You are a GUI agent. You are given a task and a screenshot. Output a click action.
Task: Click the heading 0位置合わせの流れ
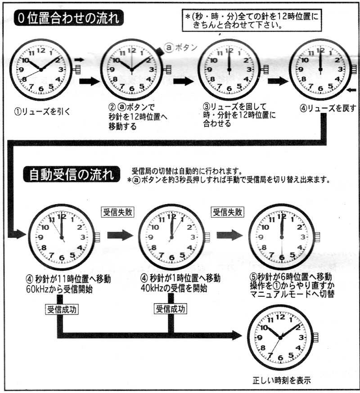pos(69,18)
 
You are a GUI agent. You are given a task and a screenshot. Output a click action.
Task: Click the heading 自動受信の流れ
pos(72,174)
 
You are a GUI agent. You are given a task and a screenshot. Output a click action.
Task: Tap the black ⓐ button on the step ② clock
pos(159,51)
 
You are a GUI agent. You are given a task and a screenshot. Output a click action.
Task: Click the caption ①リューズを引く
pos(42,112)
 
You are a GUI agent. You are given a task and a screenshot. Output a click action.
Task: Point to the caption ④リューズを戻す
pos(328,108)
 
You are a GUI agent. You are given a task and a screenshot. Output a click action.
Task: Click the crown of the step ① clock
pos(76,69)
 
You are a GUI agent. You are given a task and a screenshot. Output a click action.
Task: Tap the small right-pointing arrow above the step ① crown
pos(79,60)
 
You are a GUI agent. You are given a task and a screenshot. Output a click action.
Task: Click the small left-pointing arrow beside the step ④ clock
pos(351,90)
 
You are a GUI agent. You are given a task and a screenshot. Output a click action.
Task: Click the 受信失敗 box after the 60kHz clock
pos(117,212)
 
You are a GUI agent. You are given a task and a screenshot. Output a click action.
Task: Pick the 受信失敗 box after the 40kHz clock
pos(228,212)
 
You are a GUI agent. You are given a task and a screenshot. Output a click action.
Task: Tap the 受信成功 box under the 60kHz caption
pos(62,309)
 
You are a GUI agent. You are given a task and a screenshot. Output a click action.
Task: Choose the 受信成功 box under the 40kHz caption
pos(171,309)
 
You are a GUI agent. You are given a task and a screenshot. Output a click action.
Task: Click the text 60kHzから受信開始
pos(59,289)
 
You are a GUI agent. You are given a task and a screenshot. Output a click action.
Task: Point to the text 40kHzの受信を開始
pos(174,288)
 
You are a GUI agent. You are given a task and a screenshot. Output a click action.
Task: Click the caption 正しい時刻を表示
pos(282,380)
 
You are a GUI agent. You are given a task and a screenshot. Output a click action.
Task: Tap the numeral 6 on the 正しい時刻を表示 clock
pos(280,357)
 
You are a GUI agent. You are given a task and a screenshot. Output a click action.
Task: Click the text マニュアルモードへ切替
pos(292,294)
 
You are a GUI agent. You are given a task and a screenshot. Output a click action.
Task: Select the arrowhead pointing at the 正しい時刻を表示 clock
pos(237,335)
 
